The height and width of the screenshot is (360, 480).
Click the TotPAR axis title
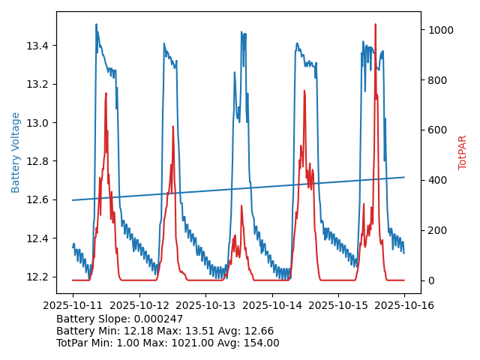tap(463, 152)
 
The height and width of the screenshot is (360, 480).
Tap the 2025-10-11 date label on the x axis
tap(73, 306)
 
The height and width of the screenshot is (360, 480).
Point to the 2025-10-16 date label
tap(405, 306)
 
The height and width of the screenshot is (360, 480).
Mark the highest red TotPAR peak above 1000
tap(375, 25)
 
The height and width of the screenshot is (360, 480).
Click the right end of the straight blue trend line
tap(404, 177)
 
